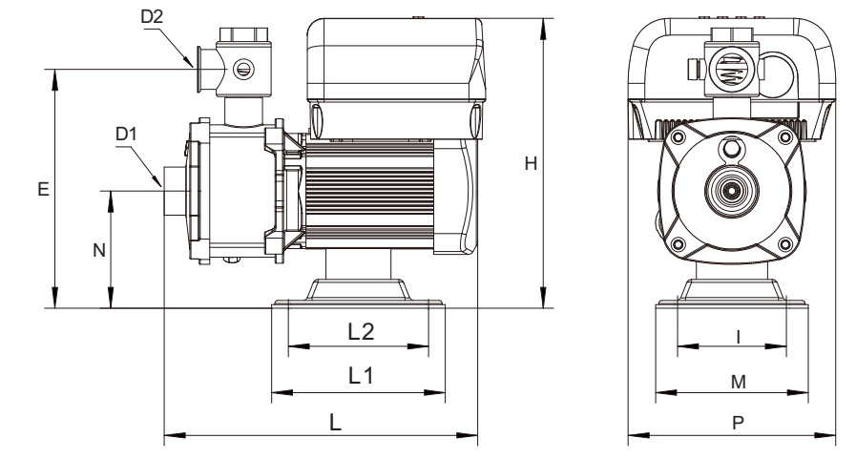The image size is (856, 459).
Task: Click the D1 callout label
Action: pos(127,134)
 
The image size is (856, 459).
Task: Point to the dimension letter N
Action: pos(97,250)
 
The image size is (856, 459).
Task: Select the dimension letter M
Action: pos(737,381)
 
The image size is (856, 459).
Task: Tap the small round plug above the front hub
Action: pos(732,149)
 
